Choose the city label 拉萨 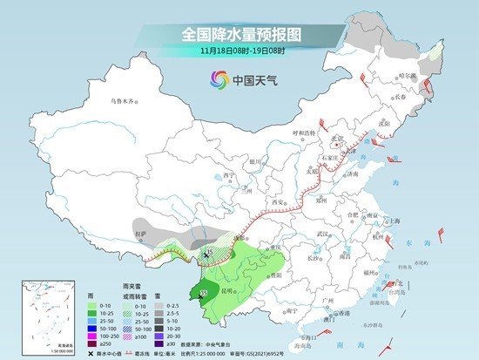(x=139, y=234)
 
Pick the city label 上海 (x=392, y=221)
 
